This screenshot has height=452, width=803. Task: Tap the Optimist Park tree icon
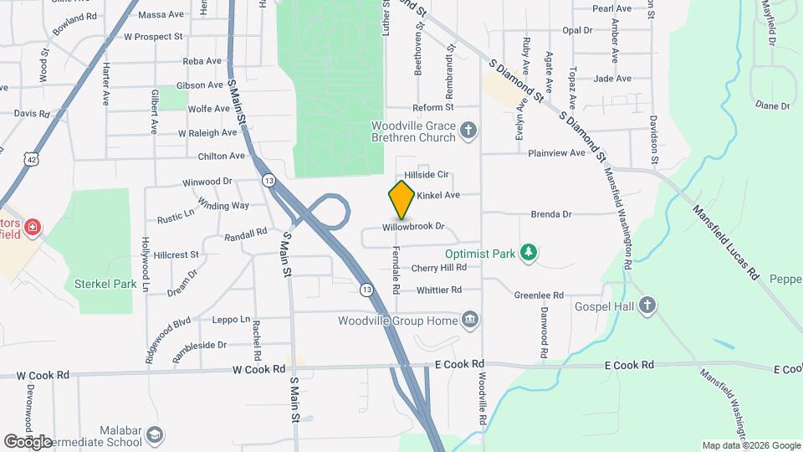click(x=528, y=252)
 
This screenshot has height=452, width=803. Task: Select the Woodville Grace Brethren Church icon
click(x=468, y=131)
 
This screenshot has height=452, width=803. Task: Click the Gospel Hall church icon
click(x=647, y=306)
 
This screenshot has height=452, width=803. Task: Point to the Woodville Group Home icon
click(x=469, y=320)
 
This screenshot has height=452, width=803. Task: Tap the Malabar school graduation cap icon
click(x=155, y=435)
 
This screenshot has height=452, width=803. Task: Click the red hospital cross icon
click(x=33, y=228)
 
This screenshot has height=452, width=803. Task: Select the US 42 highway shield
click(x=31, y=158)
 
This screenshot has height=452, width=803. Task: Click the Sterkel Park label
click(x=105, y=284)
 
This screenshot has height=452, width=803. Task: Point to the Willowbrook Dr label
click(x=412, y=227)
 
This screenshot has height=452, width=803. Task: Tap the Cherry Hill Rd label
click(x=438, y=268)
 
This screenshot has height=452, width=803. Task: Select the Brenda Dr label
click(x=550, y=214)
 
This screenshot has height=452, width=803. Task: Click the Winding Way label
click(x=223, y=205)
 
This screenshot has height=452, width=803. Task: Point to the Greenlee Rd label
click(x=539, y=295)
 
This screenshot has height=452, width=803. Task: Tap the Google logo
click(x=28, y=441)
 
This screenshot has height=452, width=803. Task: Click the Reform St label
click(x=432, y=107)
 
